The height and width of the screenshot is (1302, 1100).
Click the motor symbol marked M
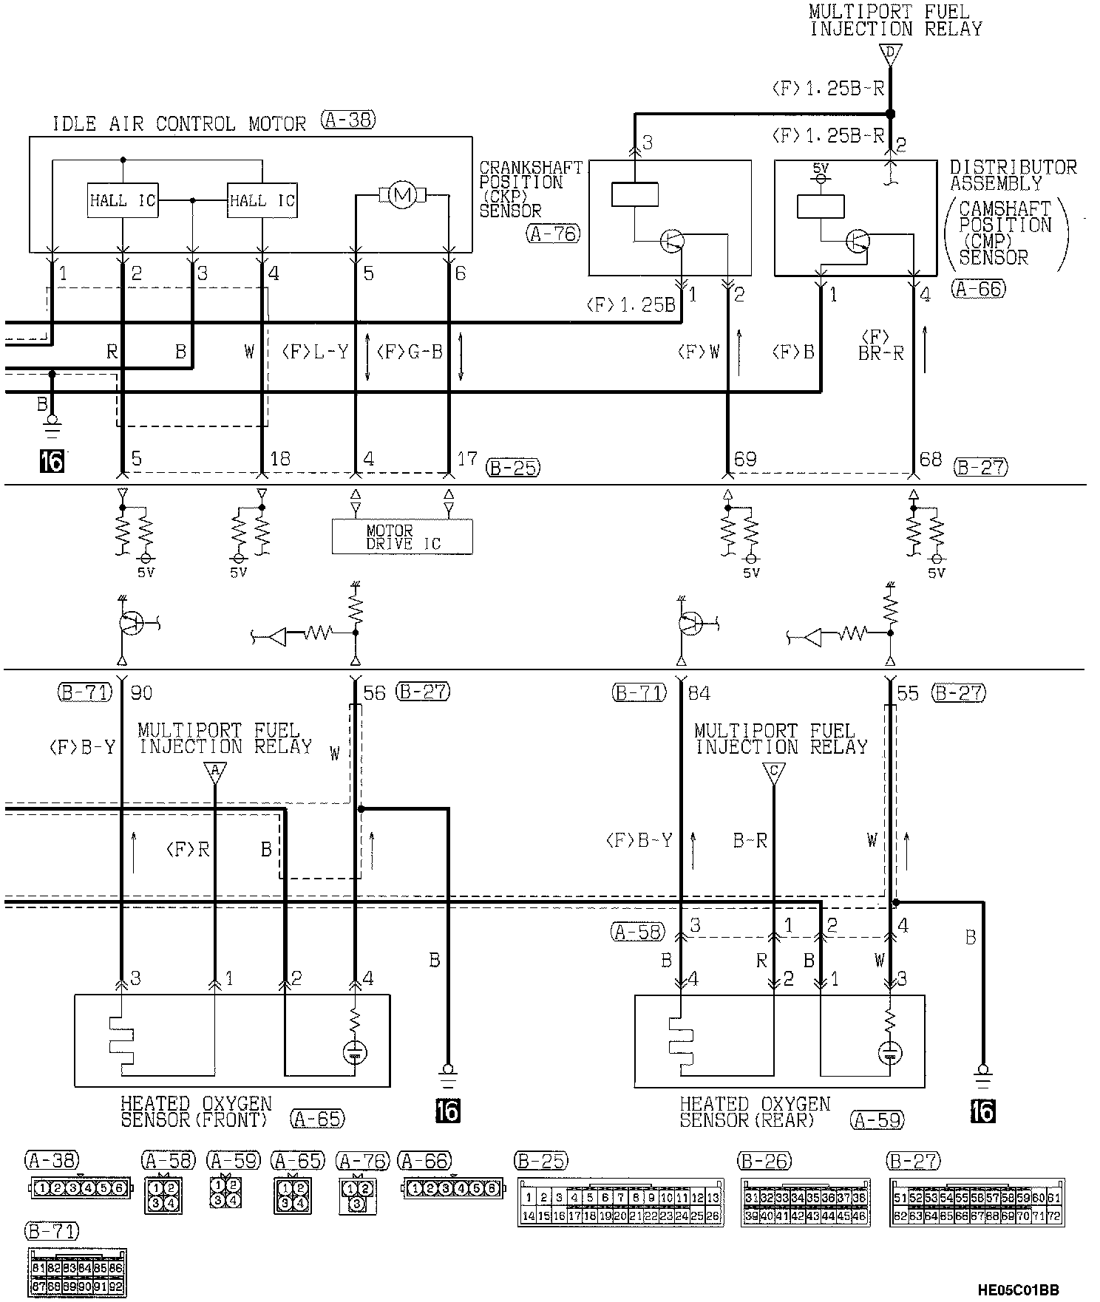[x=402, y=196]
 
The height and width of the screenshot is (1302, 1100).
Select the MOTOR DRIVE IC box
[x=402, y=537]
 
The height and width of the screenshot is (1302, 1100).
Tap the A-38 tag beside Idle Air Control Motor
[x=348, y=120]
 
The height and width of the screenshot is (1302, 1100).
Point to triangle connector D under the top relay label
[x=891, y=54]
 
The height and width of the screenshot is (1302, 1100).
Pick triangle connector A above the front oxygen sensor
[x=215, y=771]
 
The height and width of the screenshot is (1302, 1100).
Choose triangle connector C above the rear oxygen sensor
[x=773, y=771]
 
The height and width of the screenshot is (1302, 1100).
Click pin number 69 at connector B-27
[x=745, y=460]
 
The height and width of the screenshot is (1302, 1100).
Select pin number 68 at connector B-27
[x=930, y=460]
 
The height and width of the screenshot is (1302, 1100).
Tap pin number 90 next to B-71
[x=141, y=693]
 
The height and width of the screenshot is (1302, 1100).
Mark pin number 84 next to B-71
[x=699, y=693]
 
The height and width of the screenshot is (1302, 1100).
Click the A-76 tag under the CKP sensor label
[x=554, y=234]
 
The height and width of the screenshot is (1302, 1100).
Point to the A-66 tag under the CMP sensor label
[x=979, y=289]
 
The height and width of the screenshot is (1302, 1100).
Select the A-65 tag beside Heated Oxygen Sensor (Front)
[x=318, y=1119]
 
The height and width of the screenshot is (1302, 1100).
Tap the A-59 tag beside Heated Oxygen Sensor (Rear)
[x=877, y=1120]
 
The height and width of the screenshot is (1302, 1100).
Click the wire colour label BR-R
[x=881, y=353]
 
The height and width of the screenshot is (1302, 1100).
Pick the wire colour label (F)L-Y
[x=315, y=352]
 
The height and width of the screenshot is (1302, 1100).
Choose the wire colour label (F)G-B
[x=410, y=352]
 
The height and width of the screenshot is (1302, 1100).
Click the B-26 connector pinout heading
[x=765, y=1161]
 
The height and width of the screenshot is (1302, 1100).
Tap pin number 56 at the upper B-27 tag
[x=375, y=693]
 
